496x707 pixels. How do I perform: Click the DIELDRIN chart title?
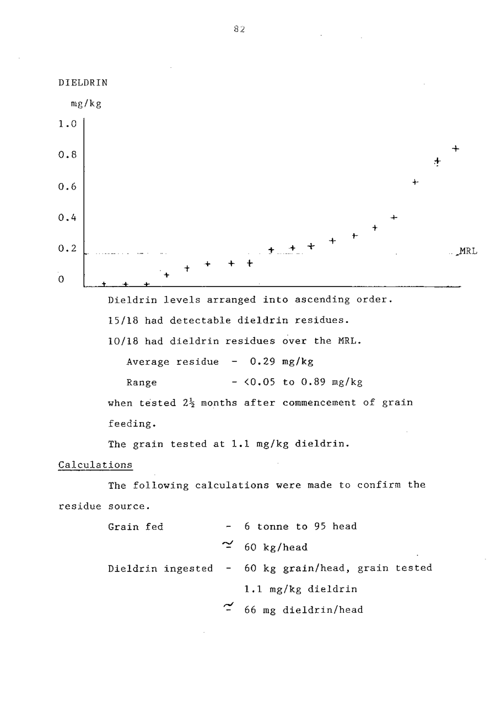click(83, 83)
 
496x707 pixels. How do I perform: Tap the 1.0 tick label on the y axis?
click(67, 125)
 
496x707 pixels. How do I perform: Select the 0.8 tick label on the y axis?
click(67, 155)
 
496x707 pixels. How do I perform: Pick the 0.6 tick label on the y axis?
click(67, 187)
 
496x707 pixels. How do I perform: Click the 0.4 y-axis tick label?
click(67, 218)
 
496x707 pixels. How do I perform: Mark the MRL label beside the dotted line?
click(467, 252)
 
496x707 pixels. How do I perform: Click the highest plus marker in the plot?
click(456, 148)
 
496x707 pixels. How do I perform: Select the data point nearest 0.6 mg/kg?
click(416, 182)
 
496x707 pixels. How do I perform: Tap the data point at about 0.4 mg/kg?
click(394, 218)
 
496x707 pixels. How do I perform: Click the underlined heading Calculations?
click(95, 465)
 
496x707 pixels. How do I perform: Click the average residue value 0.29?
click(262, 362)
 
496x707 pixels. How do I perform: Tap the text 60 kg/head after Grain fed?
click(276, 548)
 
